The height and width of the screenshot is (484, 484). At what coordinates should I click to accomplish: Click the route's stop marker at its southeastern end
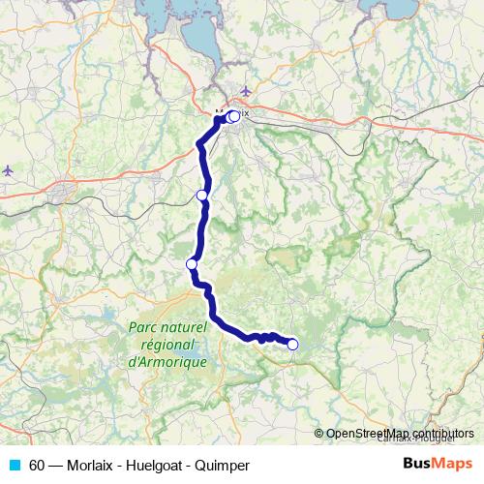tap(292, 344)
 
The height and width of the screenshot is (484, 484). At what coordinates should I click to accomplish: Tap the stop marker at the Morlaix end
tap(233, 117)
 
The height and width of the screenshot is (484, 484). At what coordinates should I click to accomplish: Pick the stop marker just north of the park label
tap(192, 264)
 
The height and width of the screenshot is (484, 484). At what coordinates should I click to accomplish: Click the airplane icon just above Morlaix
tap(245, 92)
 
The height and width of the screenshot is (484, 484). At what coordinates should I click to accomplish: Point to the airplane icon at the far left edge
tap(8, 169)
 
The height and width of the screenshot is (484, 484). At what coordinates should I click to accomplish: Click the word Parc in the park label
tap(144, 328)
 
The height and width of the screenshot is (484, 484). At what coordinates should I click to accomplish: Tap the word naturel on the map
tap(185, 328)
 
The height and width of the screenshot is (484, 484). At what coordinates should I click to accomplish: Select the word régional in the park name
tap(168, 345)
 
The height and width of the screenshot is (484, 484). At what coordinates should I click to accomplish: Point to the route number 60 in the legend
tap(37, 466)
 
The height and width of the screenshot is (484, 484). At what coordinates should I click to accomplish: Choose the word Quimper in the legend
tap(222, 466)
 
